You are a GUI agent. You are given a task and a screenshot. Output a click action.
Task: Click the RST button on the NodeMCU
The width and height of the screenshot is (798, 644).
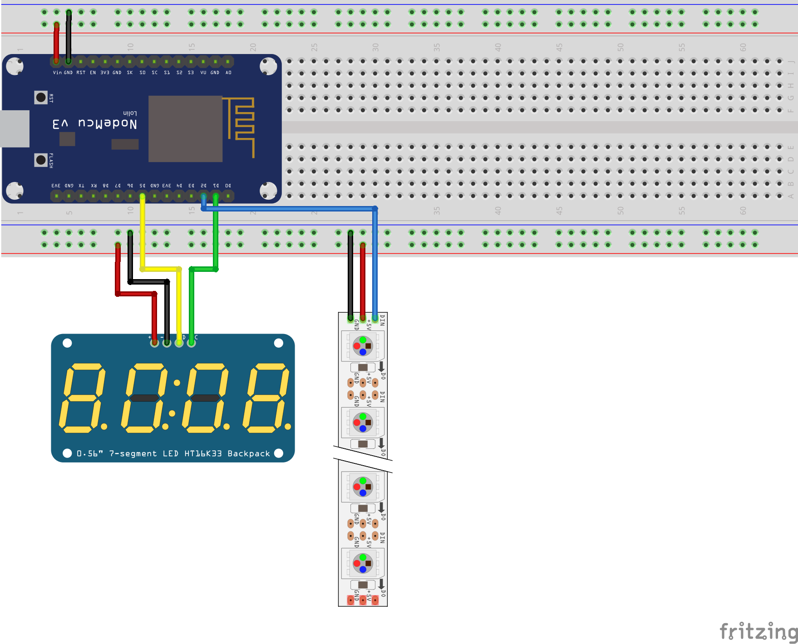coord(41,97)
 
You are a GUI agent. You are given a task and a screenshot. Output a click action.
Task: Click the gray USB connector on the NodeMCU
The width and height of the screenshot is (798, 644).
coord(15,129)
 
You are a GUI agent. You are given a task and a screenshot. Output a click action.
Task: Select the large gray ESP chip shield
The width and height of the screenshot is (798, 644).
coord(185,129)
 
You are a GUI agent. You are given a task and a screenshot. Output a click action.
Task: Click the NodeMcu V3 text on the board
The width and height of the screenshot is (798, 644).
coord(95,123)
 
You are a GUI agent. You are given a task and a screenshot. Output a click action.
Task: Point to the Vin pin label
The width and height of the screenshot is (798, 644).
coord(57,73)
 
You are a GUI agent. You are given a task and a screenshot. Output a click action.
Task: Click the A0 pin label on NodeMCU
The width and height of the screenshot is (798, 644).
coord(228,73)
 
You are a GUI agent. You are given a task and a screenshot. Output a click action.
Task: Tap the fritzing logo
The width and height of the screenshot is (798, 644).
coord(758,631)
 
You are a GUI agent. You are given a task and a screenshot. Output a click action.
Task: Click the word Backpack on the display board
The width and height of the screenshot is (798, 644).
coord(249,453)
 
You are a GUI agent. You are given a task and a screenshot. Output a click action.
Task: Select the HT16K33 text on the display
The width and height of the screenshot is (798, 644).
coord(203,453)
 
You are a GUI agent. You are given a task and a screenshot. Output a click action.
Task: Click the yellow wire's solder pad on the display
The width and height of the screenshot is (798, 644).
coord(179,343)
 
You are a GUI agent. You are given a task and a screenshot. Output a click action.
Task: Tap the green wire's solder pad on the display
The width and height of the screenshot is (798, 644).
coord(192,343)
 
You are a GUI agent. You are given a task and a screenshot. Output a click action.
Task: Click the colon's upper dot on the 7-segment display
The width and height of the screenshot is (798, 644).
coord(177,383)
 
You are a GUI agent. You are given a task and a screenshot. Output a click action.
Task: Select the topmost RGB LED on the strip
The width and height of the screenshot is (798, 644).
coord(363,346)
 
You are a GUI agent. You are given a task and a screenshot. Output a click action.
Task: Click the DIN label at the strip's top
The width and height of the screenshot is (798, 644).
coord(382,320)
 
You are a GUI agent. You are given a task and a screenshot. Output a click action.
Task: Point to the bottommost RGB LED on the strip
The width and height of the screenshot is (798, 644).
coord(363,563)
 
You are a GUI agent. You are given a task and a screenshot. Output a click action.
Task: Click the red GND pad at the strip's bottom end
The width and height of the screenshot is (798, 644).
coord(350,600)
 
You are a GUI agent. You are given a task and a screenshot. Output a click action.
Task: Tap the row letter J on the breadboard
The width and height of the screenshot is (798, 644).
coord(791,61)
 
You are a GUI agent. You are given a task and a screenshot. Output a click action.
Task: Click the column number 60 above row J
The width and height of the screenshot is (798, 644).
coord(743,47)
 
